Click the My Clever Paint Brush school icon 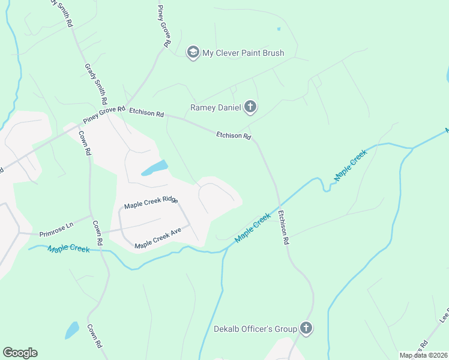click(193, 53)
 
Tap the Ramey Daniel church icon click(250, 107)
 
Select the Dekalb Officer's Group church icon click(306, 328)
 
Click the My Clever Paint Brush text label click(243, 53)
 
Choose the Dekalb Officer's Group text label click(256, 329)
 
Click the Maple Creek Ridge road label click(151, 202)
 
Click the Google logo click(20, 353)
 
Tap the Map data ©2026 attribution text click(423, 355)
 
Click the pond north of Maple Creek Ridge click(154, 168)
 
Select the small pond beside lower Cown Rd click(72, 330)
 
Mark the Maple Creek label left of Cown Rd click(68, 248)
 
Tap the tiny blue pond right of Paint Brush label click(279, 29)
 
